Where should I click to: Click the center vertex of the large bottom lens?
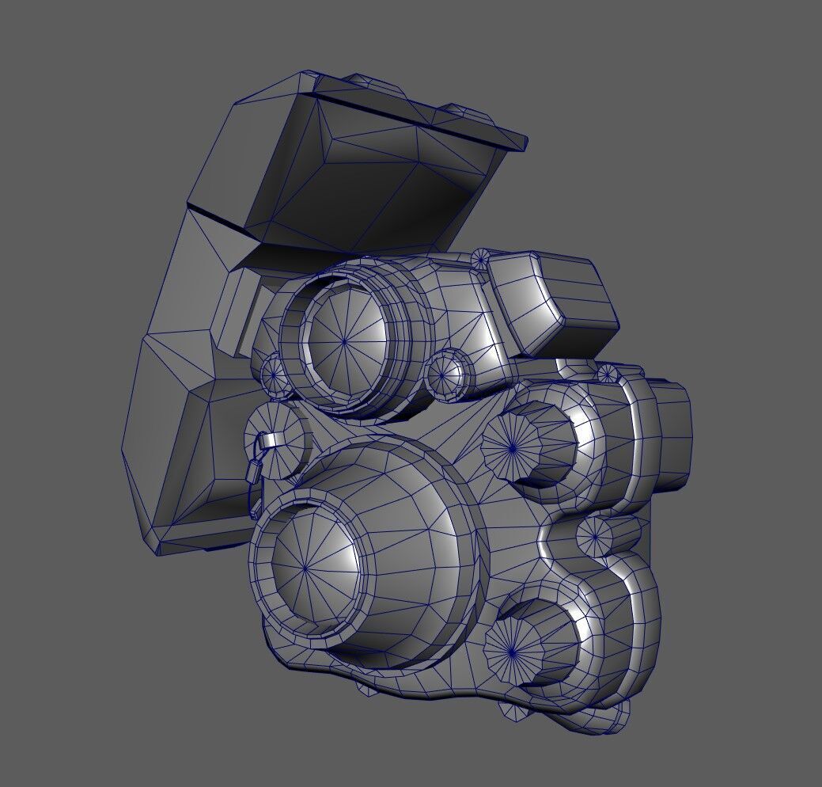pyautogui.click(x=305, y=568)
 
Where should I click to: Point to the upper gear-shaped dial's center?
pyautogui.click(x=512, y=448)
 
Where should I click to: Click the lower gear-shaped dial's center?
pyautogui.click(x=512, y=652)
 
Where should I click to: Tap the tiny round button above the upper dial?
pyautogui.click(x=607, y=373)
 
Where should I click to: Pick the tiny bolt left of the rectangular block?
pyautogui.click(x=481, y=259)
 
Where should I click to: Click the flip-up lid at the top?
pyautogui.click(x=372, y=166)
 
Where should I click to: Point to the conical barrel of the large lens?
pyautogui.click(x=411, y=507)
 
